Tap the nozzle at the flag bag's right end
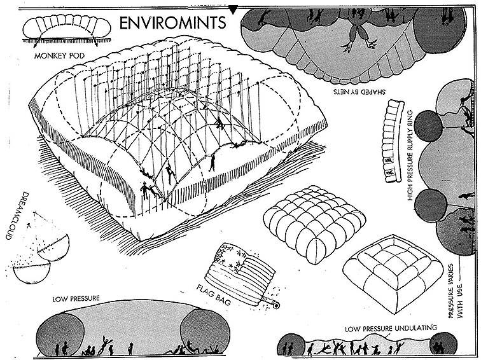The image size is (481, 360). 275,305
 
